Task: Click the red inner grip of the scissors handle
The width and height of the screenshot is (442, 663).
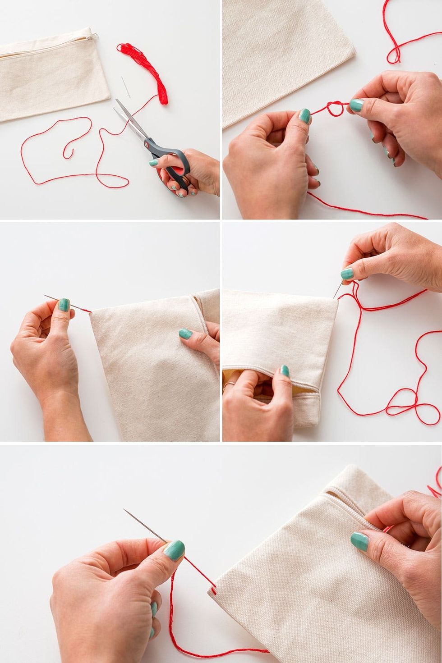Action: pyautogui.click(x=178, y=172)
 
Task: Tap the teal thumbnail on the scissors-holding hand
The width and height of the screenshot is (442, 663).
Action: pyautogui.click(x=154, y=162)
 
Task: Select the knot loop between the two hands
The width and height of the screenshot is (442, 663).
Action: pyautogui.click(x=335, y=108)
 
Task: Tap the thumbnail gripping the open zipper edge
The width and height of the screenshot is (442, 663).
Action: pyautogui.click(x=285, y=370)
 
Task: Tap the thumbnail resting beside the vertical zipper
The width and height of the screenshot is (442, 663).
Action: pyautogui.click(x=185, y=334)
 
